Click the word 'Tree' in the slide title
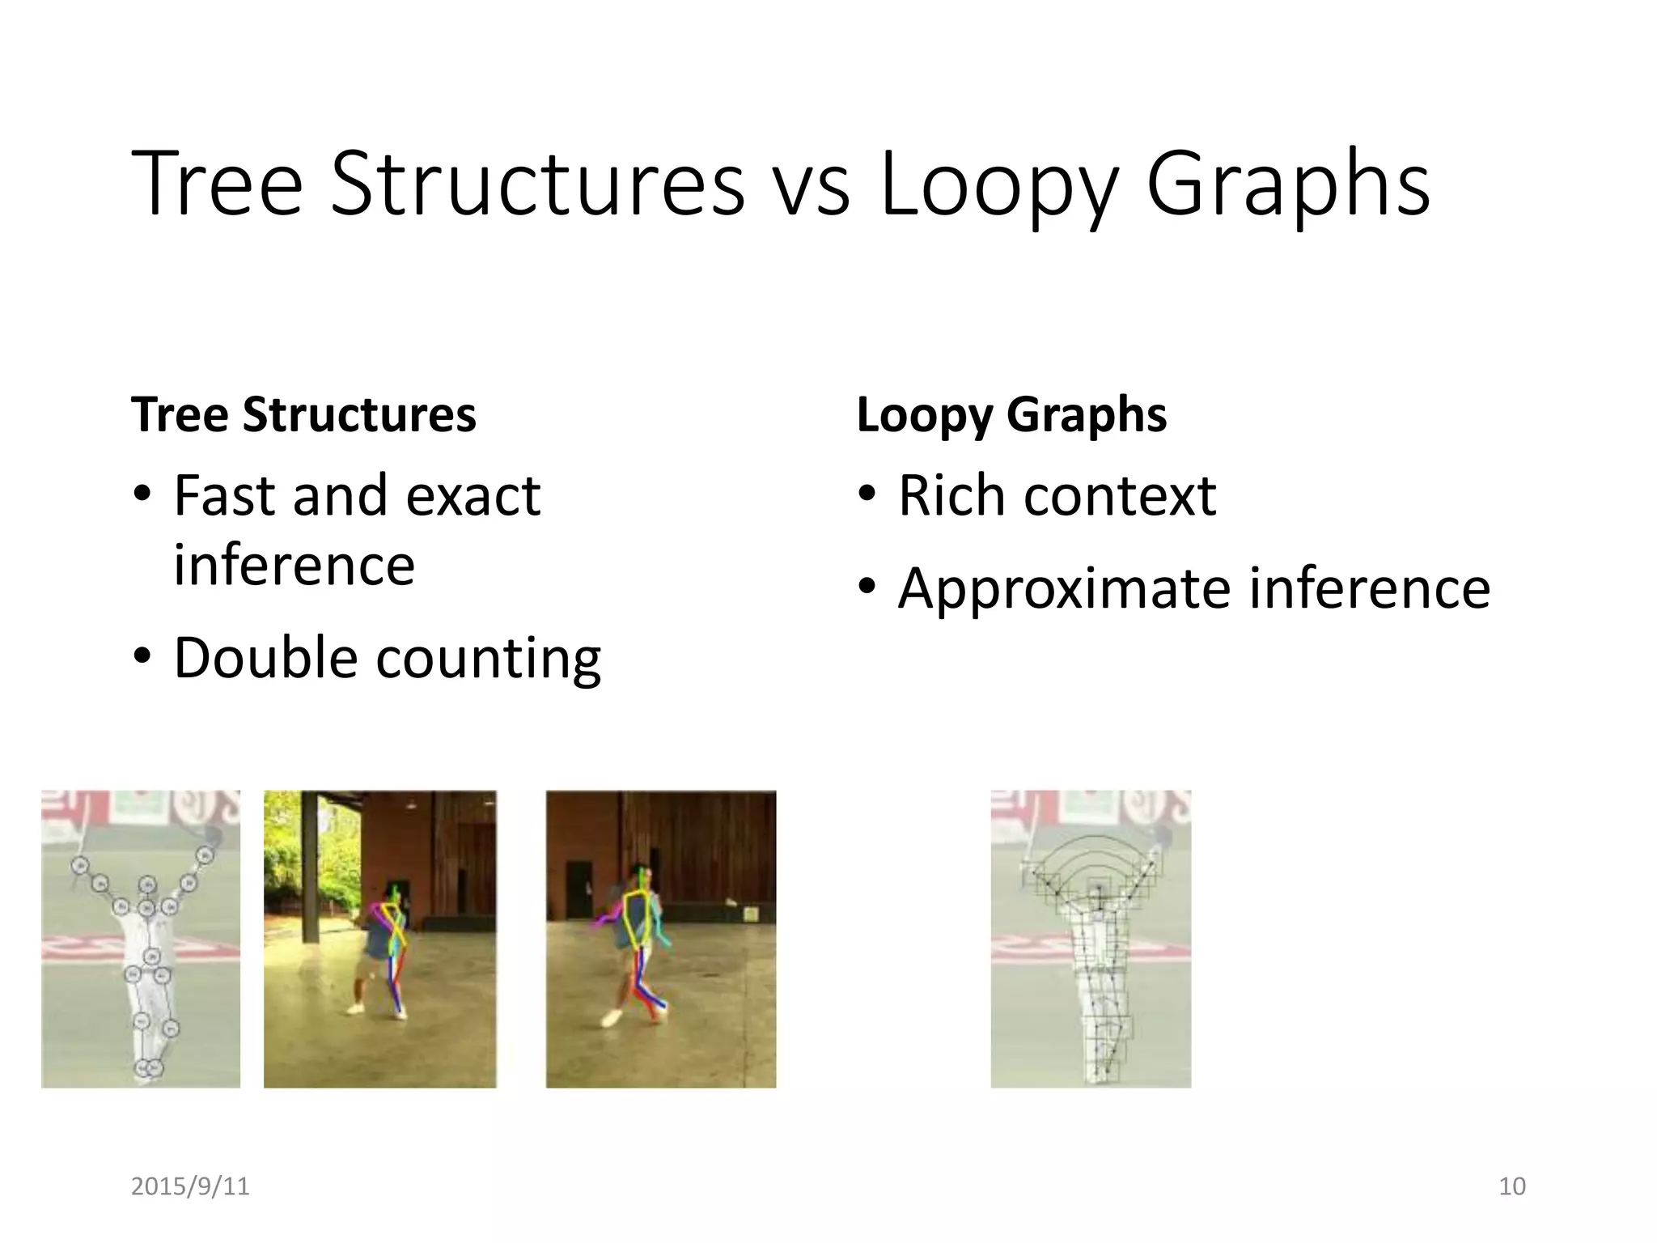216,185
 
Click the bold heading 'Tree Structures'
303,414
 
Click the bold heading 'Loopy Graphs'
1011,416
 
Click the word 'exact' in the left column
473,495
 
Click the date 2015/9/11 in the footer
190,1186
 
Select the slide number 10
1511,1186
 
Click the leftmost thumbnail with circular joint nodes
141,939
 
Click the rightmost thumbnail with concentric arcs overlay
1091,939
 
